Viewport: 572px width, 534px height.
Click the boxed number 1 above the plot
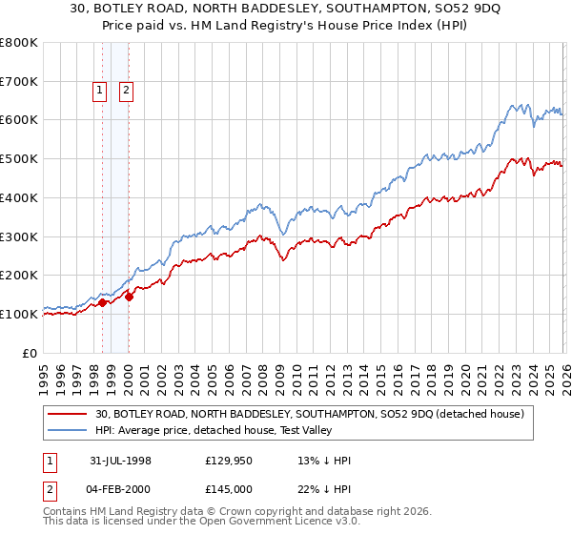pos(99,92)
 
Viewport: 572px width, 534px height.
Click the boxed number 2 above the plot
pos(126,92)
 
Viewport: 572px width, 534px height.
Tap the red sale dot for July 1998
pos(102,303)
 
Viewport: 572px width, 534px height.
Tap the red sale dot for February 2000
pos(129,297)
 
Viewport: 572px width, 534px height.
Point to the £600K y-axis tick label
pos(18,120)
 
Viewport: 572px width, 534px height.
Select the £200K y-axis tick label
pos(18,276)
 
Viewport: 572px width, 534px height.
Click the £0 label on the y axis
pos(31,353)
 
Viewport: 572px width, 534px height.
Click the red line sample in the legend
pos(68,414)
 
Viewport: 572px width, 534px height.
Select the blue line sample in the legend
pos(68,430)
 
